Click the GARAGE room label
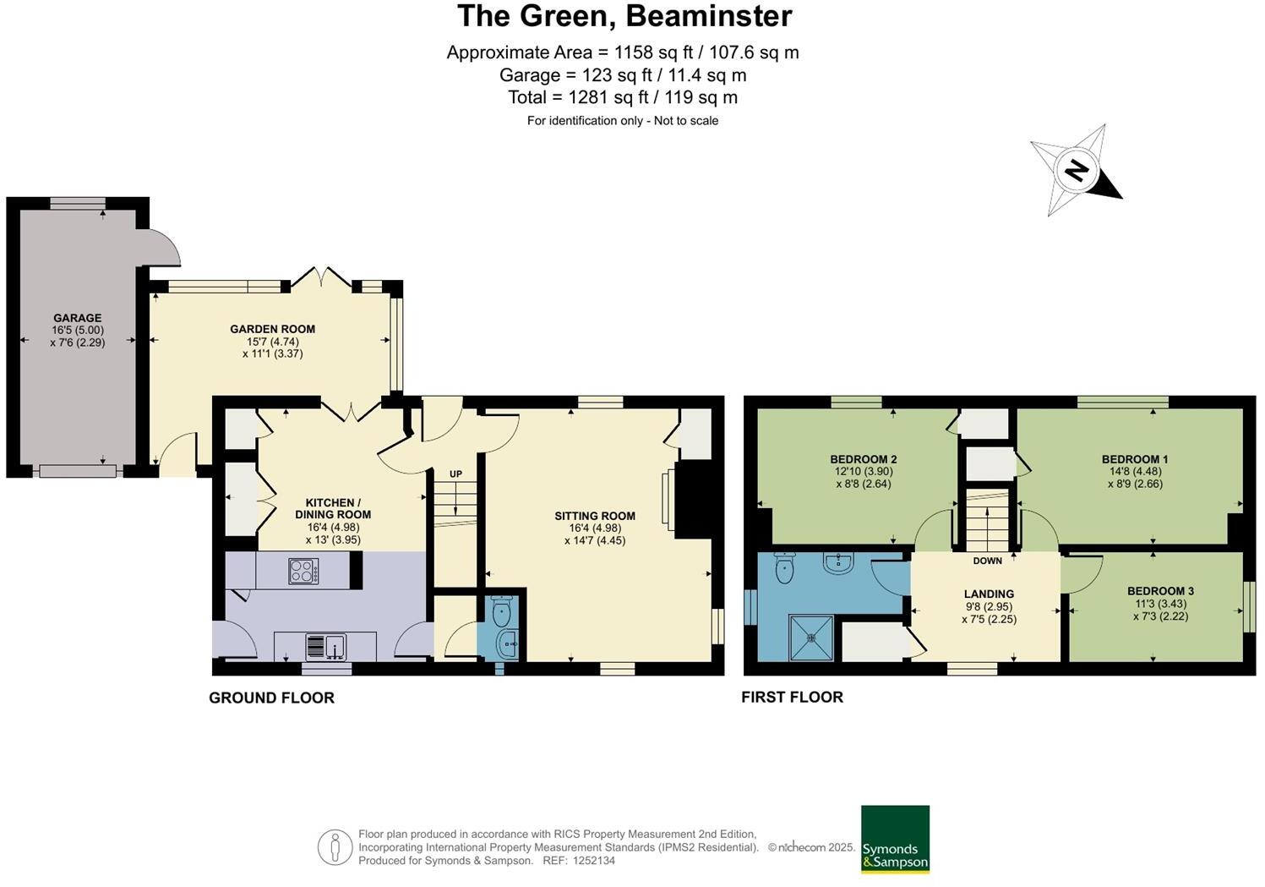(78, 318)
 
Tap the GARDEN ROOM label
(272, 329)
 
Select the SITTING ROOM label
(595, 516)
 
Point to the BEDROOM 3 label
(1160, 591)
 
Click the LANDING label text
(989, 594)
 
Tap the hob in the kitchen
(303, 571)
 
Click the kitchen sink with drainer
(326, 646)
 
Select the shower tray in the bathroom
(811, 638)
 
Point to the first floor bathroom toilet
(784, 567)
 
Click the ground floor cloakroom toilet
(501, 610)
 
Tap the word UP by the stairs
(455, 474)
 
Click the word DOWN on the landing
(988, 561)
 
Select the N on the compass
(1077, 170)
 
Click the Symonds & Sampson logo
(895, 839)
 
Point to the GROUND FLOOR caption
(271, 698)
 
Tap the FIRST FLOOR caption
(793, 698)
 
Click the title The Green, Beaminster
(624, 16)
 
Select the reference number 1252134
(593, 861)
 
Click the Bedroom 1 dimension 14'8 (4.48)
(1135, 472)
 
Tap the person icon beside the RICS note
(335, 847)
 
